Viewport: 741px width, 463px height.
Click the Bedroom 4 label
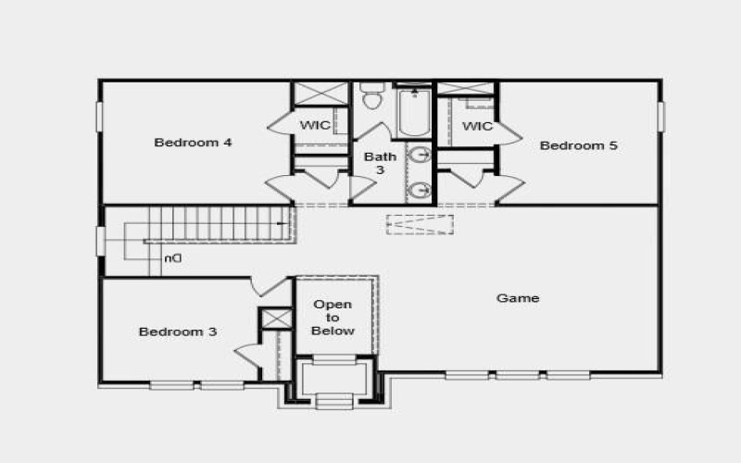pyautogui.click(x=193, y=143)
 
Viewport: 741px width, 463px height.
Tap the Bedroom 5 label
pyautogui.click(x=579, y=145)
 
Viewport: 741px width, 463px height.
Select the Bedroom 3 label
pyautogui.click(x=178, y=332)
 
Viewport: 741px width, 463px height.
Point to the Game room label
pyautogui.click(x=518, y=298)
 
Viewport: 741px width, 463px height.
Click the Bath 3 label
pyautogui.click(x=379, y=163)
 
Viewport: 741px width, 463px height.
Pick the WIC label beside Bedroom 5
pyautogui.click(x=477, y=126)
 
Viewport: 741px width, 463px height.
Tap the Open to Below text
pyautogui.click(x=333, y=318)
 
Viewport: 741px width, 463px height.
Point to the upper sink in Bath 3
pyautogui.click(x=420, y=155)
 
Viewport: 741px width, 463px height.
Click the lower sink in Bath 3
pyautogui.click(x=420, y=191)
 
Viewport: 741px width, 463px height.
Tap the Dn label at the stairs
pyautogui.click(x=172, y=258)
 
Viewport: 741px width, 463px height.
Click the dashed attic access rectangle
pyautogui.click(x=420, y=225)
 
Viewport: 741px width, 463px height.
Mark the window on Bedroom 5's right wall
pyautogui.click(x=660, y=116)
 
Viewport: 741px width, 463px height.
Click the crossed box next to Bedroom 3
pyautogui.click(x=275, y=319)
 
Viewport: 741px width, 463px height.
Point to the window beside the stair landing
pyautogui.click(x=100, y=241)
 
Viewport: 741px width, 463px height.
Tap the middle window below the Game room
pyautogui.click(x=518, y=375)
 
